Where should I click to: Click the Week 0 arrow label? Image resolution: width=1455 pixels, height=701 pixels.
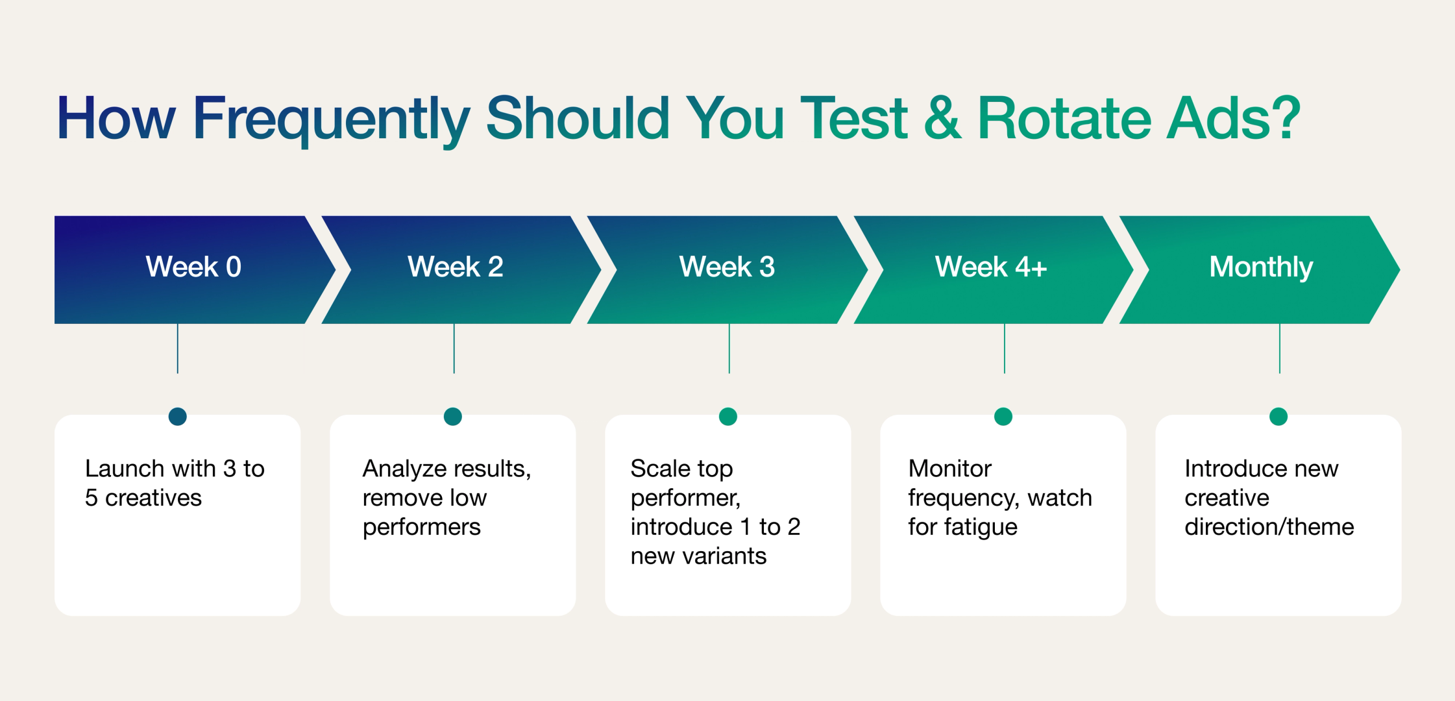pos(193,267)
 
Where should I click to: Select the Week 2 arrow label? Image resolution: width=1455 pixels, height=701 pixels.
pos(455,267)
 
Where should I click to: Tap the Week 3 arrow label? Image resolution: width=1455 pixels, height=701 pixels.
pos(727,267)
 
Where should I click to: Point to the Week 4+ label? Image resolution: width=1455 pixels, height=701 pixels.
pos(990,267)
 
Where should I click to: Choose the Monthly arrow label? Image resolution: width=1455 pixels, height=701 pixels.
pos(1261,267)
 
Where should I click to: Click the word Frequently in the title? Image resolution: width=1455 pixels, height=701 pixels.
pos(331,119)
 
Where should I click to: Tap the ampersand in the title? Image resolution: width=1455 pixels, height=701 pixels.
pos(942,119)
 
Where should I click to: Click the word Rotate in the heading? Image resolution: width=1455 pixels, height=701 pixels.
pos(1064,119)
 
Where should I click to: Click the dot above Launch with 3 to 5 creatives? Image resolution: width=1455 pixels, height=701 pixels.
pos(177,416)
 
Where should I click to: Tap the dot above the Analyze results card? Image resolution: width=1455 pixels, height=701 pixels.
pos(453,416)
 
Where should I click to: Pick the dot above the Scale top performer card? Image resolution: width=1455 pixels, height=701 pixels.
pos(728,416)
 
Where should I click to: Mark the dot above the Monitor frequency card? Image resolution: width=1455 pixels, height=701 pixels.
pos(1003,416)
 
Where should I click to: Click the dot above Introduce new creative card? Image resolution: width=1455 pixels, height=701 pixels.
pos(1278,416)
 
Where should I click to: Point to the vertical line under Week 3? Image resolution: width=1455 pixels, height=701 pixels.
pos(729,349)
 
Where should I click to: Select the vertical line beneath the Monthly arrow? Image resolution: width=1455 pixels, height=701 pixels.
pos(1280,349)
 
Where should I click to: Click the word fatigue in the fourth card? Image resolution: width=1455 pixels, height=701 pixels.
pos(981,527)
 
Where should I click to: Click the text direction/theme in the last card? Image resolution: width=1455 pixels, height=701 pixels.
pos(1269,527)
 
